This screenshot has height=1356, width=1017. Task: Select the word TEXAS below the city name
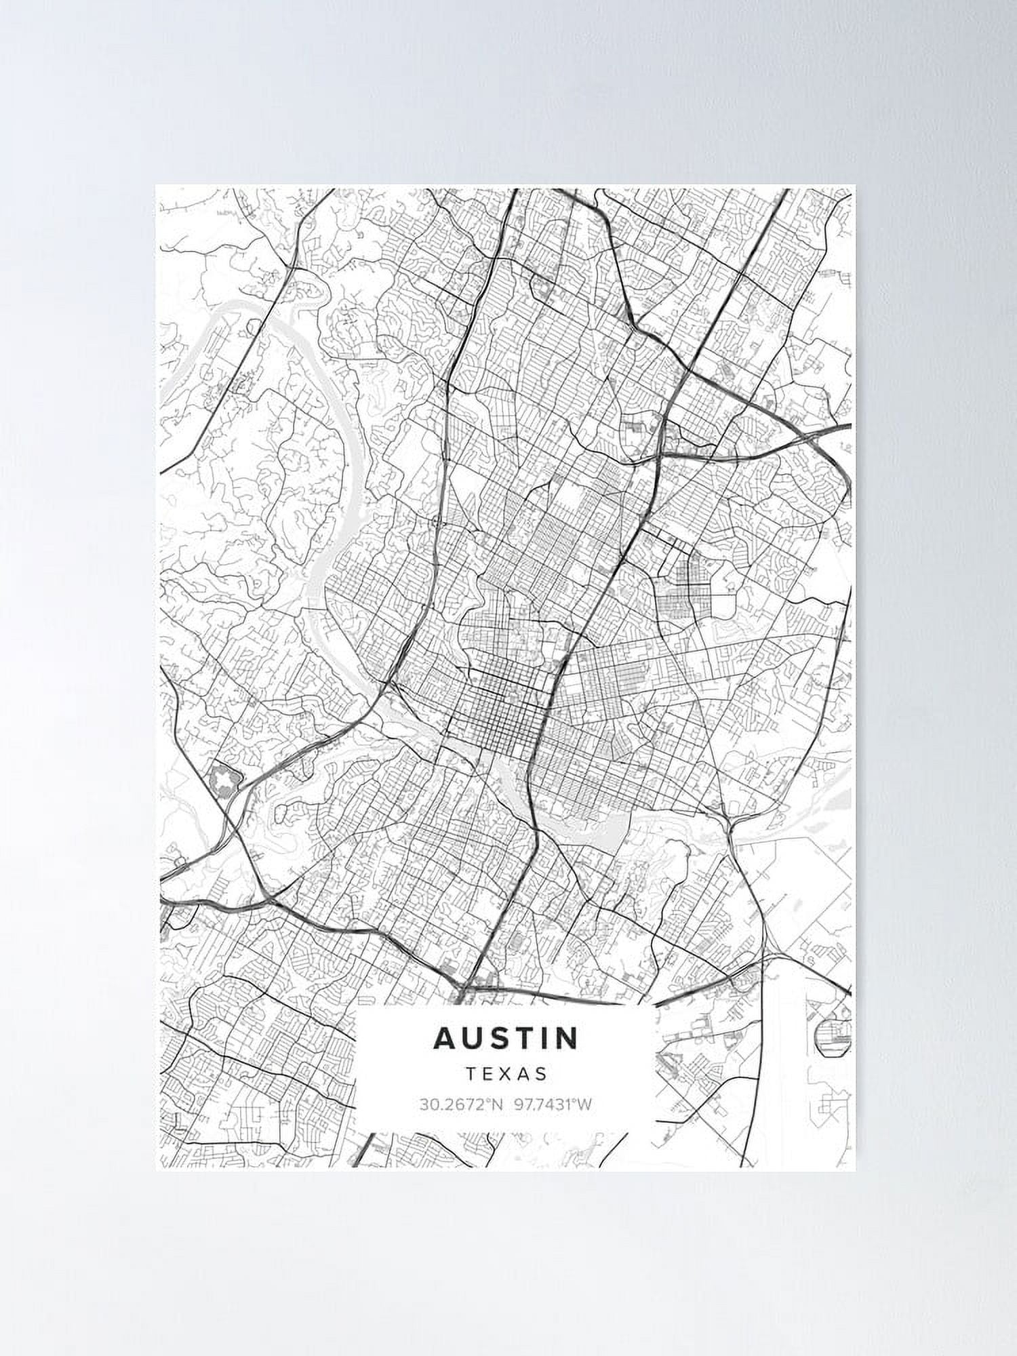pos(506,1074)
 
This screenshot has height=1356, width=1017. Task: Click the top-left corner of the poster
pos(156,185)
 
